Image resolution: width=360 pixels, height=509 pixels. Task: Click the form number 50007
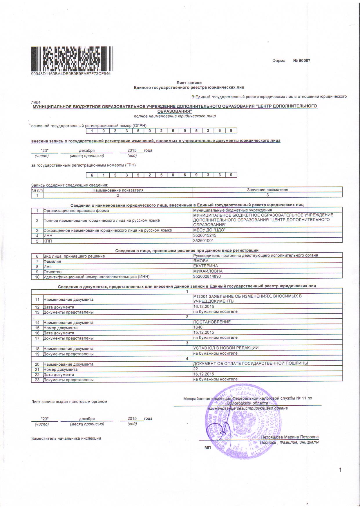click(302, 61)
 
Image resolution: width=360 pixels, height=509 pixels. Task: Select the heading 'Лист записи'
click(189, 83)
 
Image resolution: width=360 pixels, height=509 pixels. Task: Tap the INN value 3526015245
click(205, 235)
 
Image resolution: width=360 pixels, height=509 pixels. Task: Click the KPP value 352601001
click(203, 241)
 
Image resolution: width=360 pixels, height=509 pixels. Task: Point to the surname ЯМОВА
click(201, 261)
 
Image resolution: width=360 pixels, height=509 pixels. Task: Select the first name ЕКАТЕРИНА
click(205, 266)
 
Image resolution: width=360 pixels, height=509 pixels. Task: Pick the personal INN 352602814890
click(207, 276)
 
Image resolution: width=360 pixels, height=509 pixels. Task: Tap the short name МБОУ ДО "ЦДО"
click(209, 230)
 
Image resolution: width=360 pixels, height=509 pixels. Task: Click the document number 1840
click(198, 327)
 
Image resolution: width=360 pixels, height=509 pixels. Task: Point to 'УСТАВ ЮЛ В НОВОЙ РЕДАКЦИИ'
click(226, 348)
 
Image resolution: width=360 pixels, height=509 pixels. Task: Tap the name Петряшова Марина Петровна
click(290, 437)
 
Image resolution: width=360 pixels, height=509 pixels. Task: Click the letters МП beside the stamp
click(207, 448)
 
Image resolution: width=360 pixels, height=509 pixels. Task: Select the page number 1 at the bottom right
click(340, 470)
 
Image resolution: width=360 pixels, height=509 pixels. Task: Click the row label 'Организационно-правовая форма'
click(76, 210)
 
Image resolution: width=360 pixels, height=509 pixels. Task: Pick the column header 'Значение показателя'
click(267, 190)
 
